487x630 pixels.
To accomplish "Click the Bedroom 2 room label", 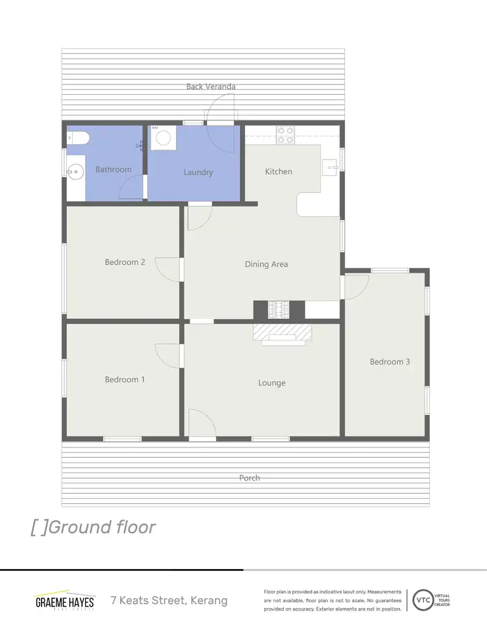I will click(125, 262).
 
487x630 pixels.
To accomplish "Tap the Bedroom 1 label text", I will click(125, 379).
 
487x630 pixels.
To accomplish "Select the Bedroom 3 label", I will click(390, 362).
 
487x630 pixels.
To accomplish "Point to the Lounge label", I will click(271, 383).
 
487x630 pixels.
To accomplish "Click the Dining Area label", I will click(266, 264).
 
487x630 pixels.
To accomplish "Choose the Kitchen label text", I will click(279, 171).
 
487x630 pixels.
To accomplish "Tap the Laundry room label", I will click(198, 172).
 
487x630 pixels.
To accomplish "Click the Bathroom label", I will click(114, 170).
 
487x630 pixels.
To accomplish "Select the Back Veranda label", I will click(210, 86).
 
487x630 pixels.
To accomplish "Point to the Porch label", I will click(249, 478).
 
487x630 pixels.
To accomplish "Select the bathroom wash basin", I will click(74, 172).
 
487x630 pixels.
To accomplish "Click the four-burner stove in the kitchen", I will click(285, 135).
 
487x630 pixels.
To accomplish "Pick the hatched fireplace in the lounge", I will click(282, 332).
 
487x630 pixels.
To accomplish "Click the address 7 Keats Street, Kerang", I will click(169, 600).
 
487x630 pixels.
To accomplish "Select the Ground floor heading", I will click(94, 527).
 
